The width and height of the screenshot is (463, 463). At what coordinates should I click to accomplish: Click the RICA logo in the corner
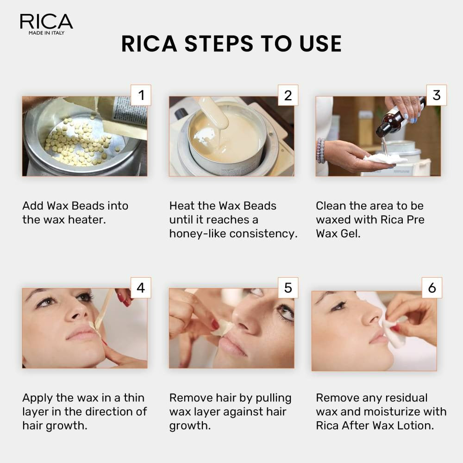click(x=46, y=22)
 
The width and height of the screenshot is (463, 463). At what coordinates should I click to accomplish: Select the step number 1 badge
click(x=141, y=95)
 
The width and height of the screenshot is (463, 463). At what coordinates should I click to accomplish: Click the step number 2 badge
click(x=288, y=95)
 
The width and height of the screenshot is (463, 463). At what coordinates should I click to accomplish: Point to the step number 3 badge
click(x=436, y=95)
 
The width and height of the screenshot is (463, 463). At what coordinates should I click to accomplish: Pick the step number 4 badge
click(x=141, y=288)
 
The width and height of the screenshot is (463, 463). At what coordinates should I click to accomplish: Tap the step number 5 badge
click(x=288, y=288)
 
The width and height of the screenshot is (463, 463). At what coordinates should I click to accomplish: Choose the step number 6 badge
click(x=432, y=288)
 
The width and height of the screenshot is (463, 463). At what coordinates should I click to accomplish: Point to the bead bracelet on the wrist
click(x=320, y=150)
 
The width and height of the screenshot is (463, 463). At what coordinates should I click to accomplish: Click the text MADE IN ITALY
click(x=46, y=33)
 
